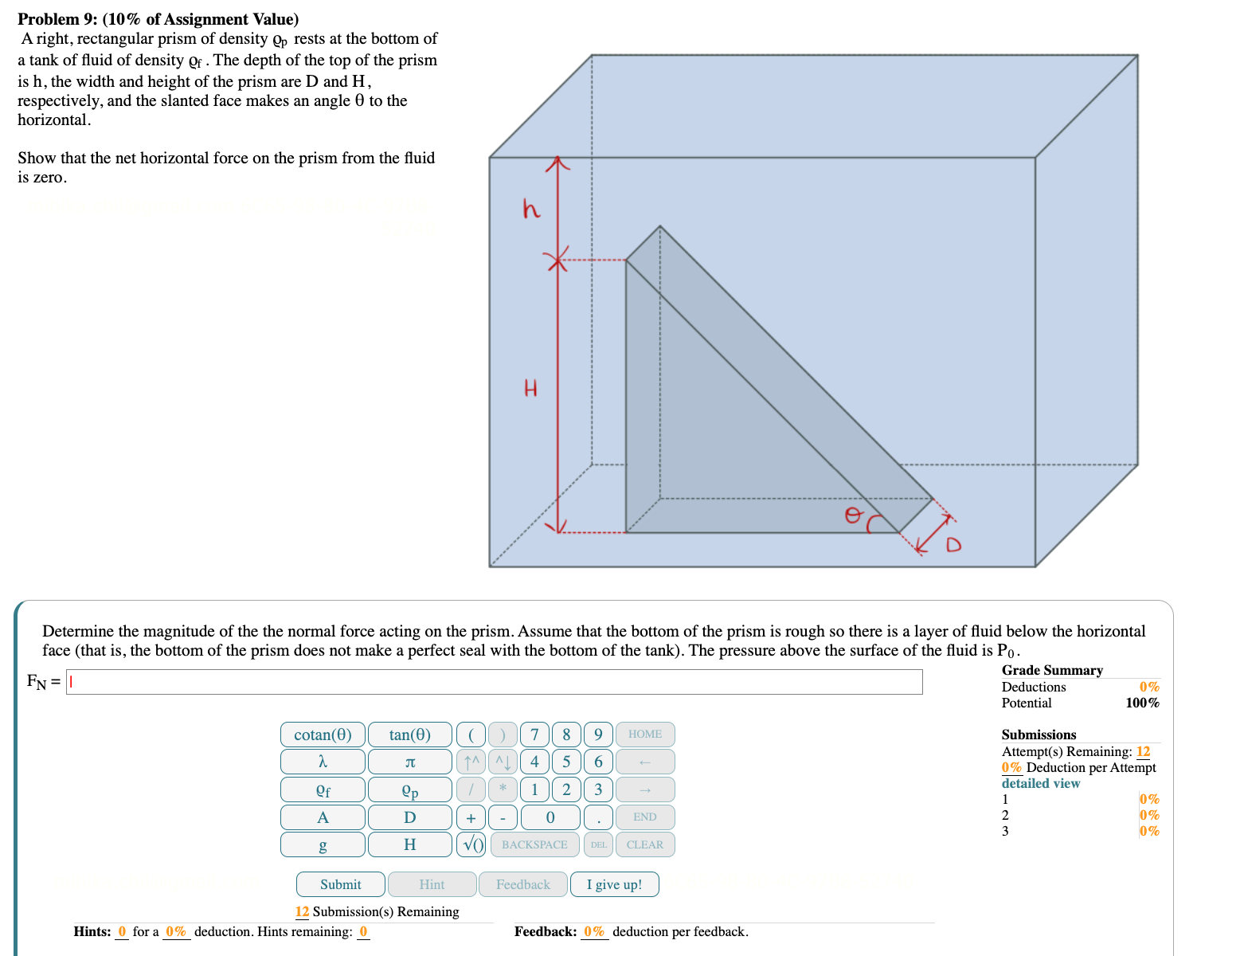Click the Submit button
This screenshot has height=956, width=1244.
click(x=340, y=884)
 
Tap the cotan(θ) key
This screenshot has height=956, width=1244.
click(x=323, y=735)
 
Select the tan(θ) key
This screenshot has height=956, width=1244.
click(x=409, y=735)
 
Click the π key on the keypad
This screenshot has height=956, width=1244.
click(x=409, y=762)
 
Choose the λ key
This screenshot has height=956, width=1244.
click(x=323, y=762)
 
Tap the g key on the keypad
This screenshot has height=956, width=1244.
click(x=323, y=844)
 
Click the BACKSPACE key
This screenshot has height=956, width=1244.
click(x=534, y=844)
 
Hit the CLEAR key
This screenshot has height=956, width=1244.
click(x=644, y=844)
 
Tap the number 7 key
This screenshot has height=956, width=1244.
click(x=534, y=735)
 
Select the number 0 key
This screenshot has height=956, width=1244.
click(x=550, y=817)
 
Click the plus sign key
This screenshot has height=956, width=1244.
click(x=471, y=817)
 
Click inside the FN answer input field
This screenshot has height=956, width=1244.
click(x=494, y=682)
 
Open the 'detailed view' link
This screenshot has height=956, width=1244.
click(x=1040, y=783)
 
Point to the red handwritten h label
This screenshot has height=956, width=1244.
click(x=531, y=209)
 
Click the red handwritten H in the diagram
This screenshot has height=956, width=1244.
click(x=530, y=389)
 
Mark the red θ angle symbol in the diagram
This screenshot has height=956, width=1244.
click(x=853, y=515)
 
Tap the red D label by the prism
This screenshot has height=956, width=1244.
click(x=953, y=545)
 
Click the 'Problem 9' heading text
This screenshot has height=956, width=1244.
click(x=158, y=19)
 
